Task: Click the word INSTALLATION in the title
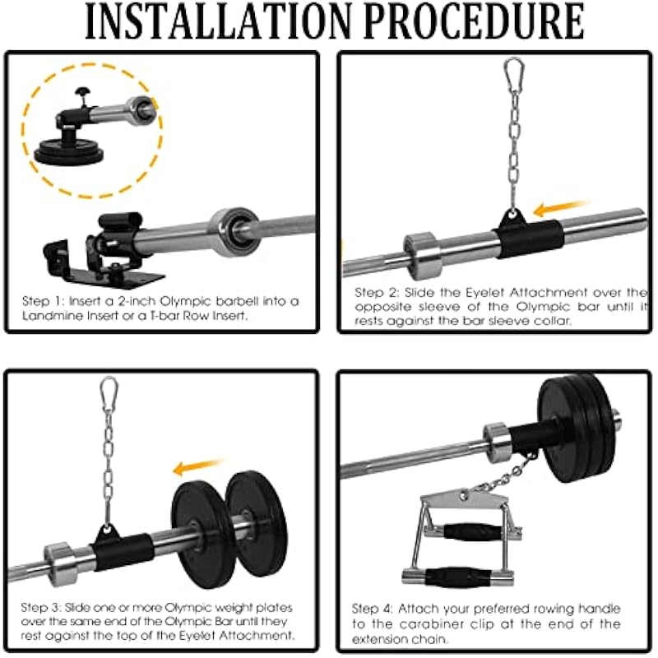(218, 21)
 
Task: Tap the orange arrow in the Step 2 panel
(561, 208)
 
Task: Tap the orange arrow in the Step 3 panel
(197, 466)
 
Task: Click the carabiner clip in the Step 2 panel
(513, 71)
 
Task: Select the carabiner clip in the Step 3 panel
(109, 390)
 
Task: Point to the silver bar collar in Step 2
(422, 256)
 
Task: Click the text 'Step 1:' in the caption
(43, 301)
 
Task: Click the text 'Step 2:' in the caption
(377, 292)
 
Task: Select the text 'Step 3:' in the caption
(40, 608)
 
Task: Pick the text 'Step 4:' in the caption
(373, 609)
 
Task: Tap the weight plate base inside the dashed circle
(69, 152)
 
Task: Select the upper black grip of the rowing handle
(472, 532)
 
